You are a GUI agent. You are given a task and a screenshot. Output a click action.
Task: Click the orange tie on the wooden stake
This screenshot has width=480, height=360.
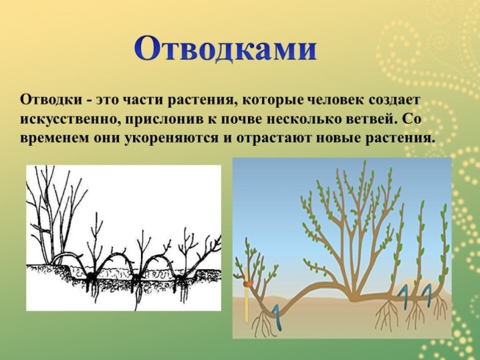pyautogui.click(x=248, y=284)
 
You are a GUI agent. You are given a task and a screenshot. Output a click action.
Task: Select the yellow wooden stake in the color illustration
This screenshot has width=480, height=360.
pyautogui.click(x=247, y=294)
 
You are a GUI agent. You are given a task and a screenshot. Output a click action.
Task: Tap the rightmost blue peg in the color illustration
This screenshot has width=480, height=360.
pyautogui.click(x=426, y=292)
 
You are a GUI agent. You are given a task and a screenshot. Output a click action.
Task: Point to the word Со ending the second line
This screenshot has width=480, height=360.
pyautogui.click(x=410, y=120)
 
